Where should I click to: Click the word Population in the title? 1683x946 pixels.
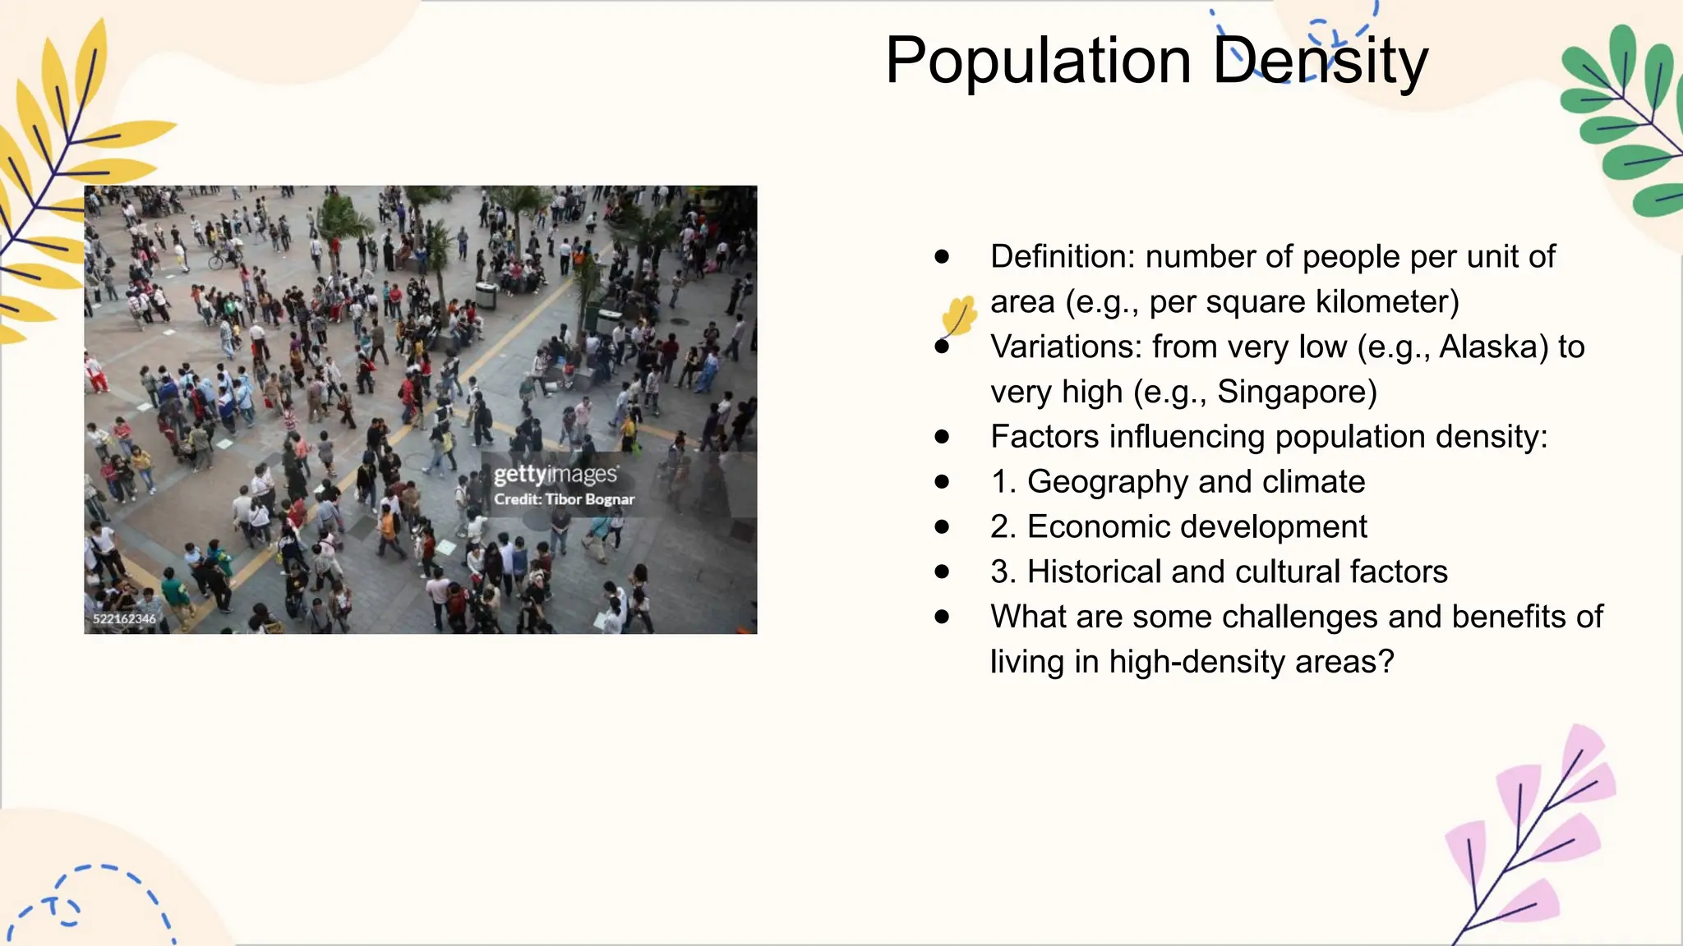pos(1038,62)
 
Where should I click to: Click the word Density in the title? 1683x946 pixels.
pos(1321,62)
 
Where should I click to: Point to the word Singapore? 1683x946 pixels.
pos(1296,393)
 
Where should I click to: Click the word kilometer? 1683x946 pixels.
pos(1387,302)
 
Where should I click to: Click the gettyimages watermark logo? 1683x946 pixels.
pos(556,475)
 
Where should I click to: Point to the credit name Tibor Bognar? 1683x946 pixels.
pos(589,499)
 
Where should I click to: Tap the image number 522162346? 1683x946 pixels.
pos(124,619)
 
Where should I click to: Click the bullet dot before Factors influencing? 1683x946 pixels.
pos(942,437)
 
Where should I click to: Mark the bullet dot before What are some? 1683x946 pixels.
pos(942,617)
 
